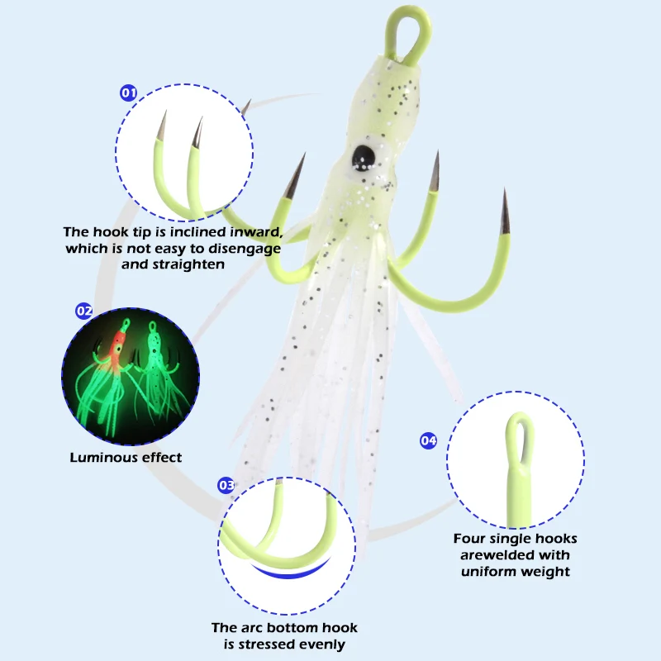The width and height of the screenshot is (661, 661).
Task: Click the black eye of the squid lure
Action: pos(363,155)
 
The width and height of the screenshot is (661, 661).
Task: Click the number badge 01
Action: pos(129,93)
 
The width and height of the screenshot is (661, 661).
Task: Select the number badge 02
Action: pos(83,311)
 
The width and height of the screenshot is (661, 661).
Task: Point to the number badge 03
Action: pos(226,485)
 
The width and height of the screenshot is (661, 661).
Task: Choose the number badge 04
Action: pos(428,440)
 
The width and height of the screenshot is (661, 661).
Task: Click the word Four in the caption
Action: pos(470,539)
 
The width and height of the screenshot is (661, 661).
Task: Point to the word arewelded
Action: pos(498,555)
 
